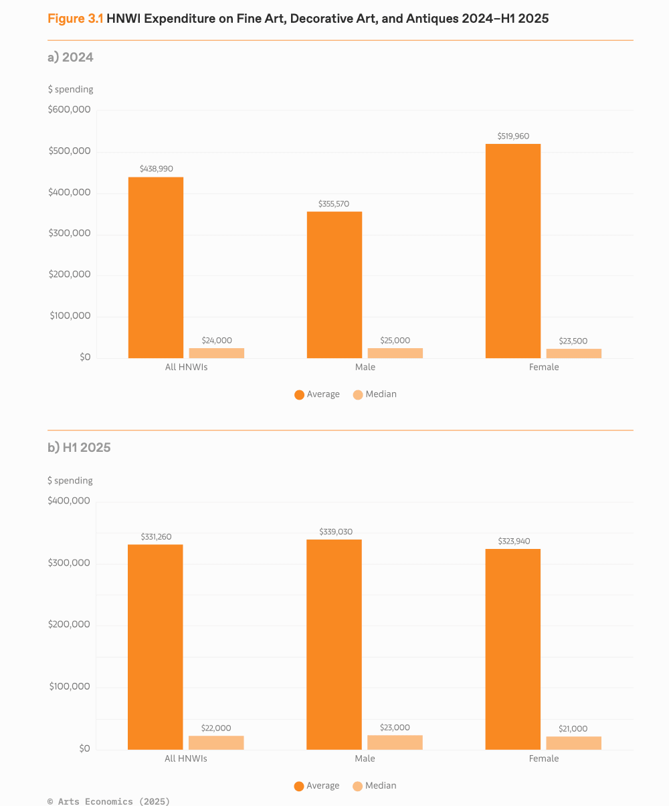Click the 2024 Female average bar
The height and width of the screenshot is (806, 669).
513,251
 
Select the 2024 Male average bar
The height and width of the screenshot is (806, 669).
334,285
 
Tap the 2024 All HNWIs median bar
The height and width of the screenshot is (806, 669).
217,353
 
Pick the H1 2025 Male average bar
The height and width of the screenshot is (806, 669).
334,644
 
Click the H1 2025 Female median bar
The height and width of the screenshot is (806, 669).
574,742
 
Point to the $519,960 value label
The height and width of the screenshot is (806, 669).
513,136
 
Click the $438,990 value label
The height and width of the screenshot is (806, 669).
156,169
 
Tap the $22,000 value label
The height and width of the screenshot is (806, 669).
216,728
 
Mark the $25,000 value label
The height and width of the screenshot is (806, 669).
395,340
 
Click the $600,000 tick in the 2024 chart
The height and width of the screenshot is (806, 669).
69,110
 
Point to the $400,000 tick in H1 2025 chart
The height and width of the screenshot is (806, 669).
68,501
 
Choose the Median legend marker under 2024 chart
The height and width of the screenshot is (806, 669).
358,395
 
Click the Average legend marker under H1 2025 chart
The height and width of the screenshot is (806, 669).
299,787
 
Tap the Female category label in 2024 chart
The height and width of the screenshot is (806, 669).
544,367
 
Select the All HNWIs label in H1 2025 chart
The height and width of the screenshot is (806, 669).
186,758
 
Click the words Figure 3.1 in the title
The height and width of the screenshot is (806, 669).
75,19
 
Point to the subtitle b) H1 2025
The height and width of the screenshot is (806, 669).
79,447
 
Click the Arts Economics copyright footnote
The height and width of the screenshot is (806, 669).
108,801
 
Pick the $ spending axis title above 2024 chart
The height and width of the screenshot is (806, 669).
70,89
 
